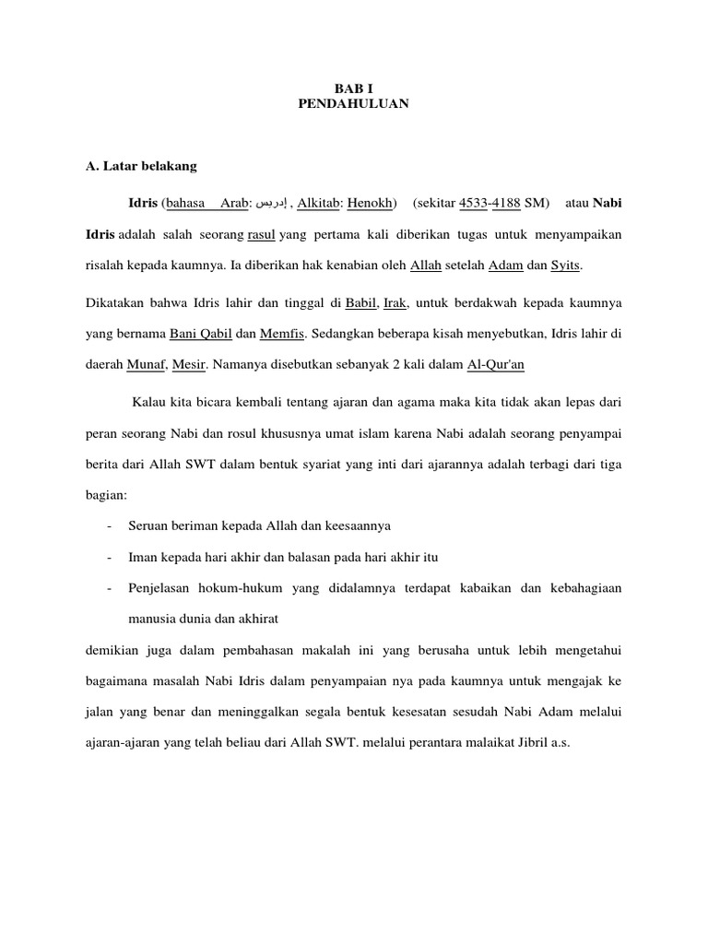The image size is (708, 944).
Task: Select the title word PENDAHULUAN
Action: [353, 105]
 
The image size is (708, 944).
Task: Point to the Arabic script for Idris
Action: [273, 203]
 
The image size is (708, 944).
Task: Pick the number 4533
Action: [472, 203]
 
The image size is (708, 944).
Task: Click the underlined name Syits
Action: [566, 265]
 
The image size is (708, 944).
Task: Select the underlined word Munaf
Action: [146, 365]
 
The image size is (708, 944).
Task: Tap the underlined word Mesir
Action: [189, 365]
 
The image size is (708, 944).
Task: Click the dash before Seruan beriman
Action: [110, 526]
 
